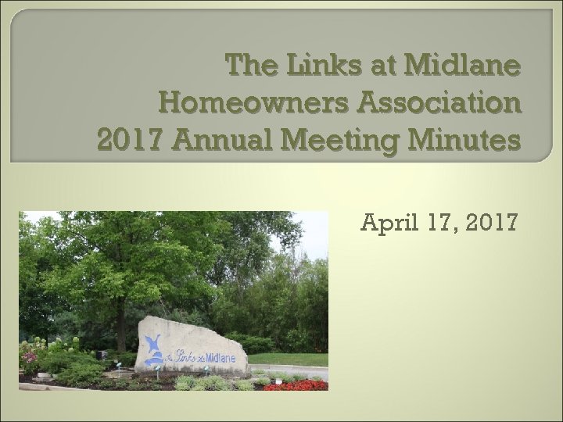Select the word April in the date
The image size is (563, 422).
[386, 224]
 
